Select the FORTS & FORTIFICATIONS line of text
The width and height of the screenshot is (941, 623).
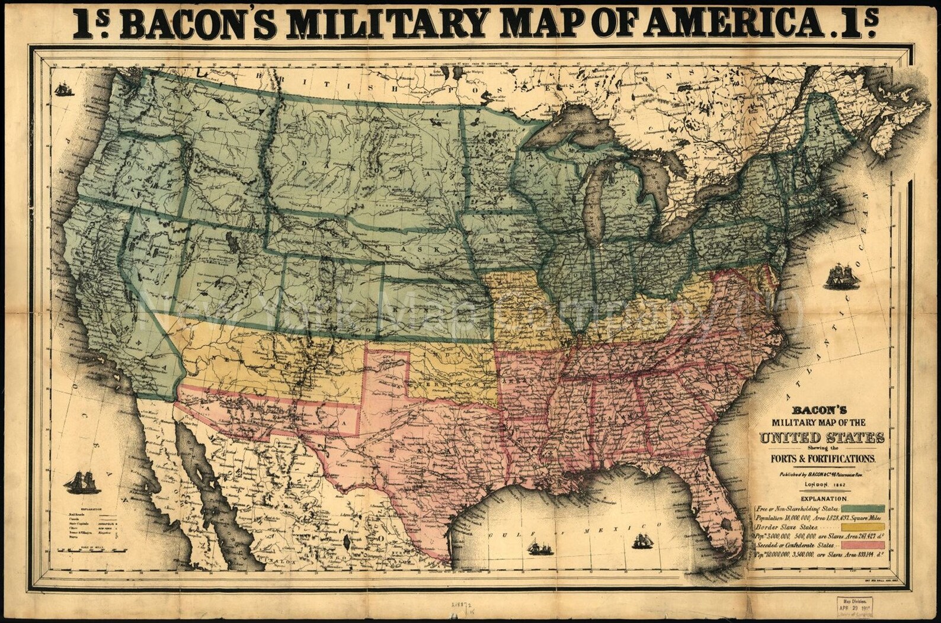pos(822,458)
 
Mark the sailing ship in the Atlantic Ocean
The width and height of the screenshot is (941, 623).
pos(841,276)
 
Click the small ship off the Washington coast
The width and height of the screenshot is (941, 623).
pos(63,89)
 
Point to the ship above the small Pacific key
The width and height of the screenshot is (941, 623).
pos(82,482)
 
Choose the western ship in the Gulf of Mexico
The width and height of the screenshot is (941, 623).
pos(540,548)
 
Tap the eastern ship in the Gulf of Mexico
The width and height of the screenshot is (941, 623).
pos(642,541)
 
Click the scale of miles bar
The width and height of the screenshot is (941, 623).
pos(89,550)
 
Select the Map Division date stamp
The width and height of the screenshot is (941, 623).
pos(857,606)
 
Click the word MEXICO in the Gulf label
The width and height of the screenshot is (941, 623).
pos(593,532)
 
